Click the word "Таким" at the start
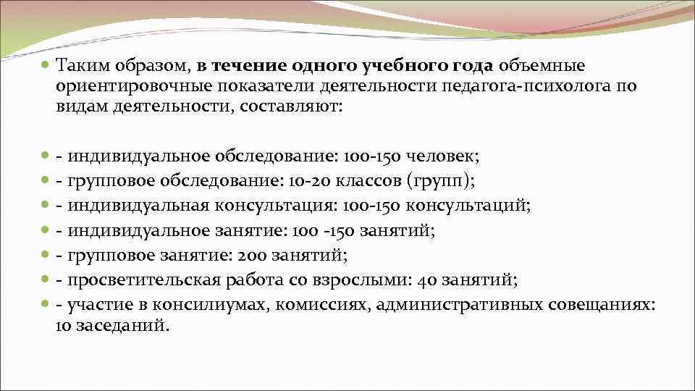80,67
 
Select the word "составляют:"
293,107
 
